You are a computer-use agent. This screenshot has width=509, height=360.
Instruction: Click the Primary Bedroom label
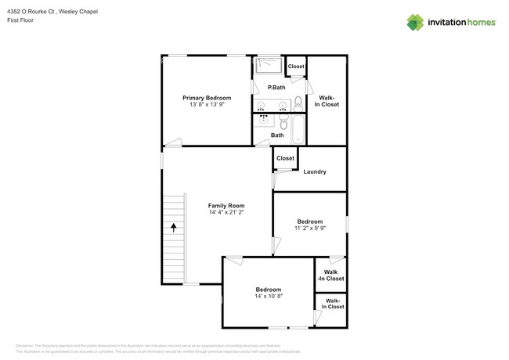coord(207,98)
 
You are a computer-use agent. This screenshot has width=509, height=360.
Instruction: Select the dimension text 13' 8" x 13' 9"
coord(207,105)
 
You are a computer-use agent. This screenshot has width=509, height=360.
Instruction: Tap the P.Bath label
coord(276,87)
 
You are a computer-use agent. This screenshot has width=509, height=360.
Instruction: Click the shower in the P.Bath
coord(269,65)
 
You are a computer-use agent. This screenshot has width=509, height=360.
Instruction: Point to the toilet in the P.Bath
coord(298,103)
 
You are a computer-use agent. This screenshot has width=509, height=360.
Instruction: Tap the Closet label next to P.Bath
coord(296,67)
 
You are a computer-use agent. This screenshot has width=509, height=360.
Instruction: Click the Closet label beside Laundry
coord(285,158)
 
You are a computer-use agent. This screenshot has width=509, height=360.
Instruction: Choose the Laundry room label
coord(314,171)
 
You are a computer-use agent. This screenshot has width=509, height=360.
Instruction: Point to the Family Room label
coord(227,205)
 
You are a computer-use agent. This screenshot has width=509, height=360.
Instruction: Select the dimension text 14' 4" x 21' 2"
coord(227,212)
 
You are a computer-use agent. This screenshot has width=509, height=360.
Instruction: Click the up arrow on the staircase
coord(173,227)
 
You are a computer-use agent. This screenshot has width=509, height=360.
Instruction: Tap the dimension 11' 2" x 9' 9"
coord(309,229)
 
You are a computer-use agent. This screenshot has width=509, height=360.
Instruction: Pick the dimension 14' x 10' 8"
coord(268,297)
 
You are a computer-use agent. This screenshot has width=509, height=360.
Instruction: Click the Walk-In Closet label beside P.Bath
coord(327,101)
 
